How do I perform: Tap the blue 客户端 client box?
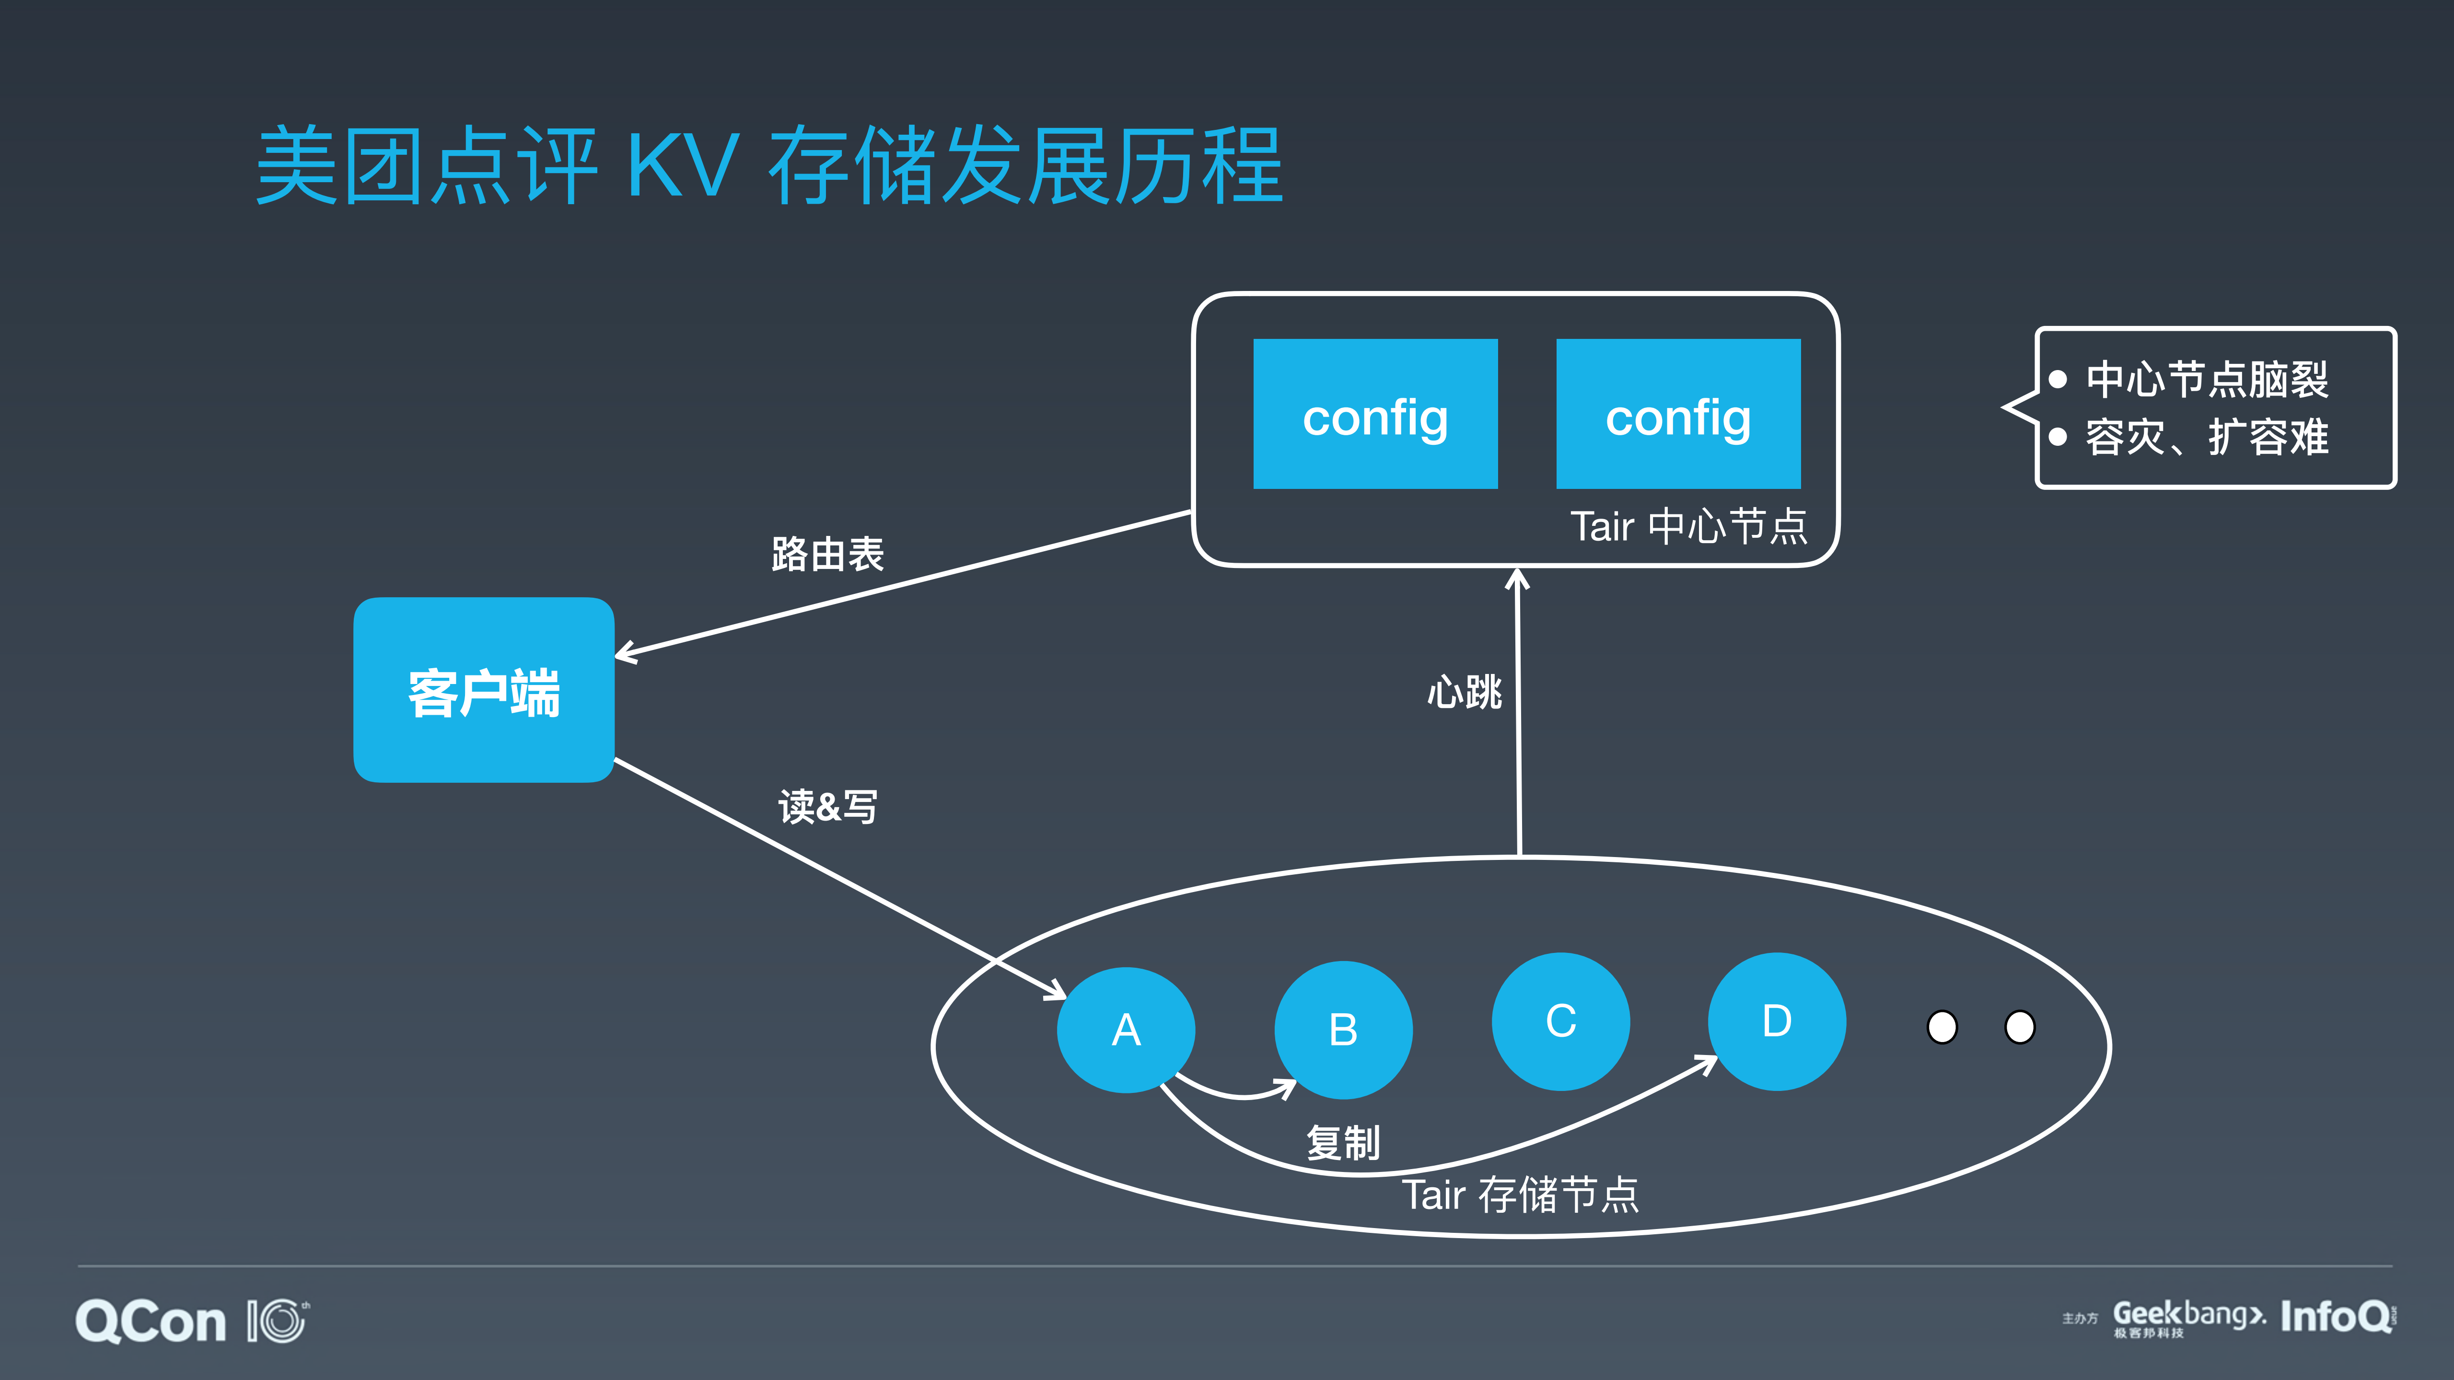tap(484, 690)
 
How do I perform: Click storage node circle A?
tap(1126, 1030)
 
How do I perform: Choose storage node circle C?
tap(1560, 1021)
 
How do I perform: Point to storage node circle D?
tap(1777, 1021)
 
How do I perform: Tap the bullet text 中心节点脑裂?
tap(2206, 379)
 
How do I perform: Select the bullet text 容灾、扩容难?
tap(2206, 437)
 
